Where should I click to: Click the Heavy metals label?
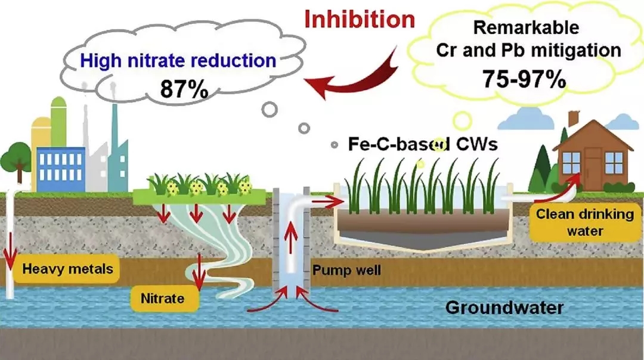click(67, 269)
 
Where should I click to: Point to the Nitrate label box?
click(162, 297)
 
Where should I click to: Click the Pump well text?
click(346, 271)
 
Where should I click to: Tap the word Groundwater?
click(504, 308)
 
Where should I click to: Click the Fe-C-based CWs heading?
click(423, 144)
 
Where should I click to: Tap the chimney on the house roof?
click(573, 119)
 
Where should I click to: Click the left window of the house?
click(571, 160)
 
